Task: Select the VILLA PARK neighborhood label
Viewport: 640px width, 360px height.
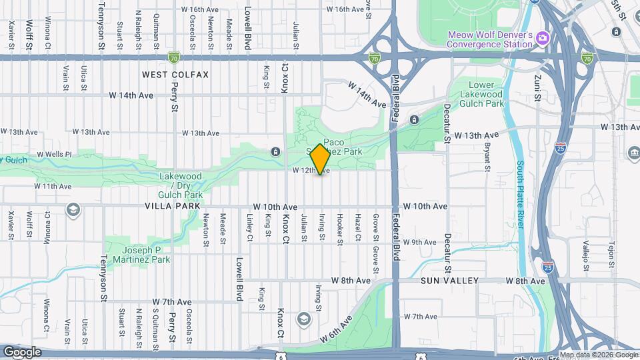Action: click(173, 207)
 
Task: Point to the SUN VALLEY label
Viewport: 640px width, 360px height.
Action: click(450, 281)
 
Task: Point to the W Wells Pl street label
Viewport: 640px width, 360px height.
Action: click(54, 154)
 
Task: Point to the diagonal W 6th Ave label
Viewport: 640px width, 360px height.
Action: click(338, 329)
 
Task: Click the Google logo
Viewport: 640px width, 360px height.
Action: click(22, 352)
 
